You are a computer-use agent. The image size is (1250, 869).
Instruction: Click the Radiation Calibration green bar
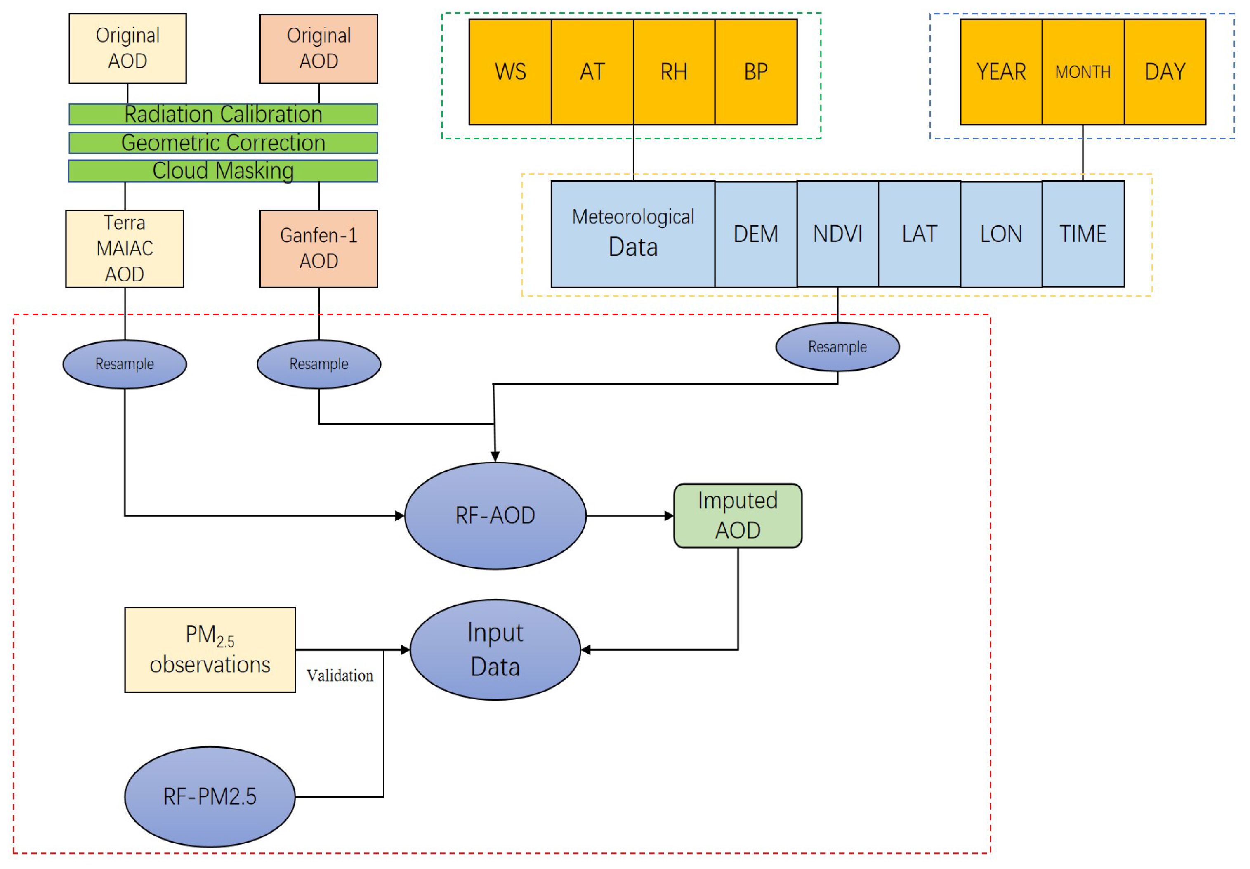tap(223, 114)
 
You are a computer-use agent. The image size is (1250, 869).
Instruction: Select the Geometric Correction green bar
tap(223, 143)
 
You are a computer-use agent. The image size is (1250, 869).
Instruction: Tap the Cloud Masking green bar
tap(223, 171)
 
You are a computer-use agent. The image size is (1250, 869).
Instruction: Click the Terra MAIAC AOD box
tap(125, 249)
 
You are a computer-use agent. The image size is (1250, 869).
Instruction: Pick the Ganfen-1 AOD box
tap(318, 249)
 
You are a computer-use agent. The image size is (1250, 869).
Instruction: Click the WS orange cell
tap(510, 72)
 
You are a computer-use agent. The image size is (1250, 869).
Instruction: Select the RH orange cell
tap(674, 72)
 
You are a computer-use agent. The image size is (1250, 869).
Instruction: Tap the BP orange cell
tap(756, 72)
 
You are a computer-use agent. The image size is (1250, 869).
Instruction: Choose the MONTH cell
tap(1083, 72)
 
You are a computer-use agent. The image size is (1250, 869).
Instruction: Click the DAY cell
tap(1165, 72)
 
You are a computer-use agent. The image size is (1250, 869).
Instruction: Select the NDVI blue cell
tap(837, 234)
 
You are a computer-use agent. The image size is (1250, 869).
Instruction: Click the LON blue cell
tap(1001, 234)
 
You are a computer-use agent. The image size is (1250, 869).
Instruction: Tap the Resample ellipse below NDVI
tap(837, 347)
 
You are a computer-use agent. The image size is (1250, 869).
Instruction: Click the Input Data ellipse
tap(495, 649)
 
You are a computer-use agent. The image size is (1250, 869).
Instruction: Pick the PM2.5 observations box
tap(210, 649)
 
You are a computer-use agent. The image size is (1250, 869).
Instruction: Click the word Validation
tap(340, 676)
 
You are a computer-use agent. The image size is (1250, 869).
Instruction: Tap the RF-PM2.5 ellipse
tap(210, 796)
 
